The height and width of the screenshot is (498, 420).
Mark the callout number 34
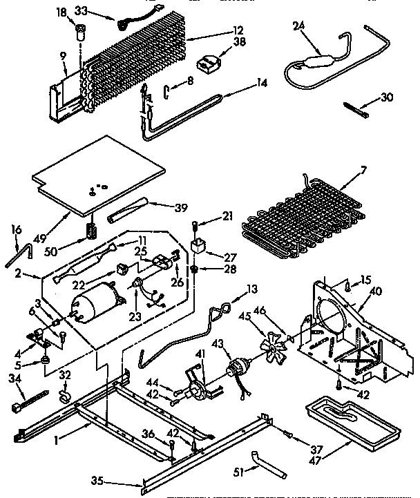pos(15,377)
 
